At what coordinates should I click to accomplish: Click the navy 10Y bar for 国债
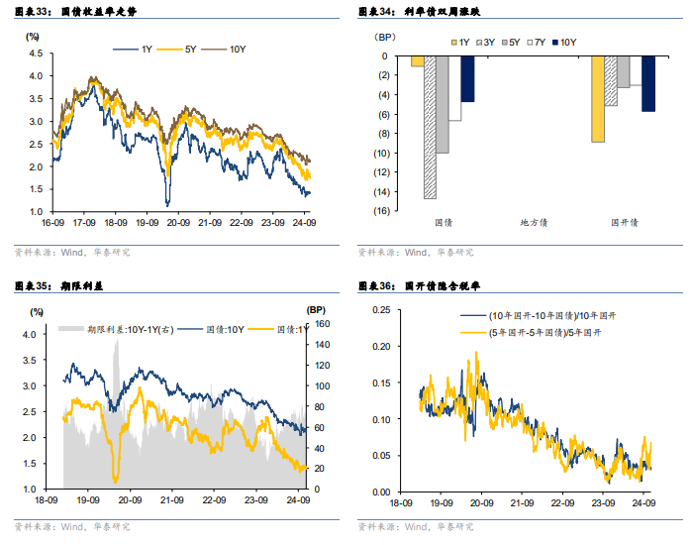click(x=467, y=79)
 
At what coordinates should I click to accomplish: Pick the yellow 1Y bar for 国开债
click(x=598, y=99)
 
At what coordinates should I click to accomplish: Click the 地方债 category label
click(x=537, y=224)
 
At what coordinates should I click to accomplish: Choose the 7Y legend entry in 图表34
click(x=539, y=43)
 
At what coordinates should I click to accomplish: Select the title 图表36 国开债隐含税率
click(x=416, y=286)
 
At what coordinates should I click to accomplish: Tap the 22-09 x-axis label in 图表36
click(x=563, y=501)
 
